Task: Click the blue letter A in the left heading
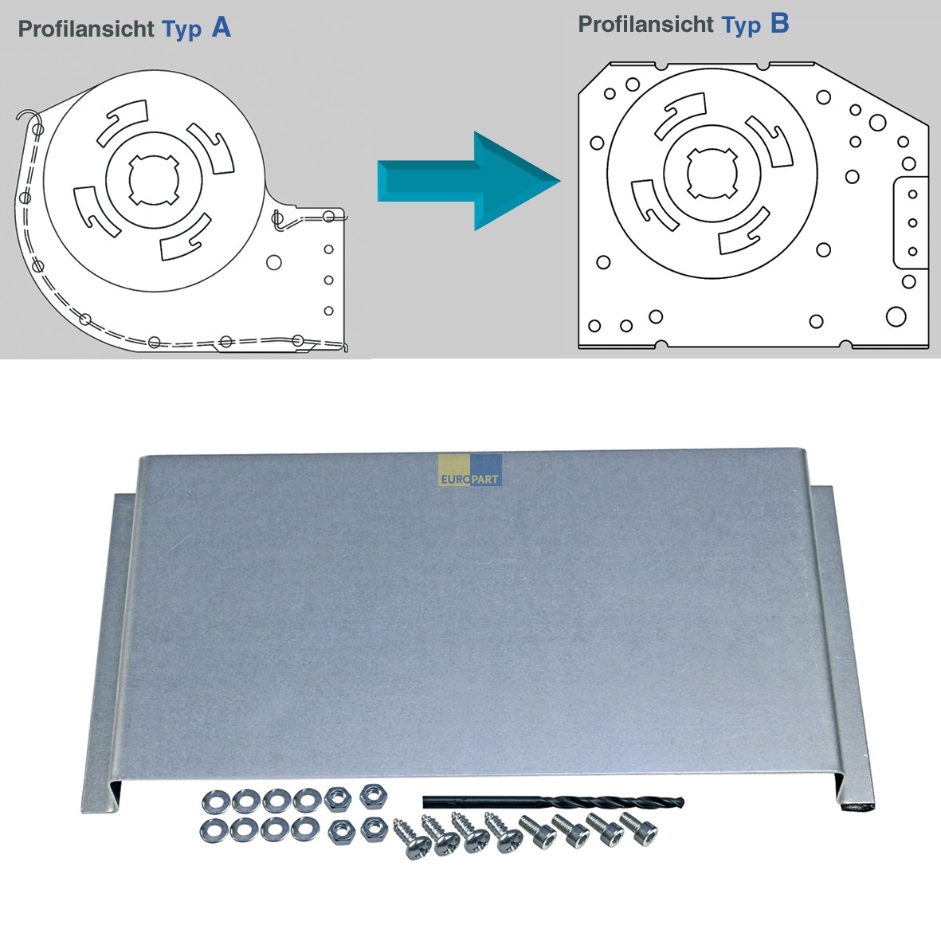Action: [x=222, y=28]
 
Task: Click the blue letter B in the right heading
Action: [x=779, y=23]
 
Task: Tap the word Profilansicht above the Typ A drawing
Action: [x=86, y=29]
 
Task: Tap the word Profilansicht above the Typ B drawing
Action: [x=645, y=24]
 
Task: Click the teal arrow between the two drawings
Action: [x=469, y=181]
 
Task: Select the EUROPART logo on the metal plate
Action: [x=470, y=470]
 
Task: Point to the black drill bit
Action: [x=553, y=802]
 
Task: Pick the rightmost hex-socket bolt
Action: [x=638, y=828]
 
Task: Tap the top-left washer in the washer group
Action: [x=215, y=802]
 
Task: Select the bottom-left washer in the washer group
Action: [x=214, y=830]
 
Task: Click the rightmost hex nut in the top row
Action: [x=373, y=796]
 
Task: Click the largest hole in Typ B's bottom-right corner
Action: [x=896, y=316]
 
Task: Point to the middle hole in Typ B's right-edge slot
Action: [x=912, y=222]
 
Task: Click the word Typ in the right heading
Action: [x=741, y=25]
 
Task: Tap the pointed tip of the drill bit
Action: [x=683, y=802]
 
